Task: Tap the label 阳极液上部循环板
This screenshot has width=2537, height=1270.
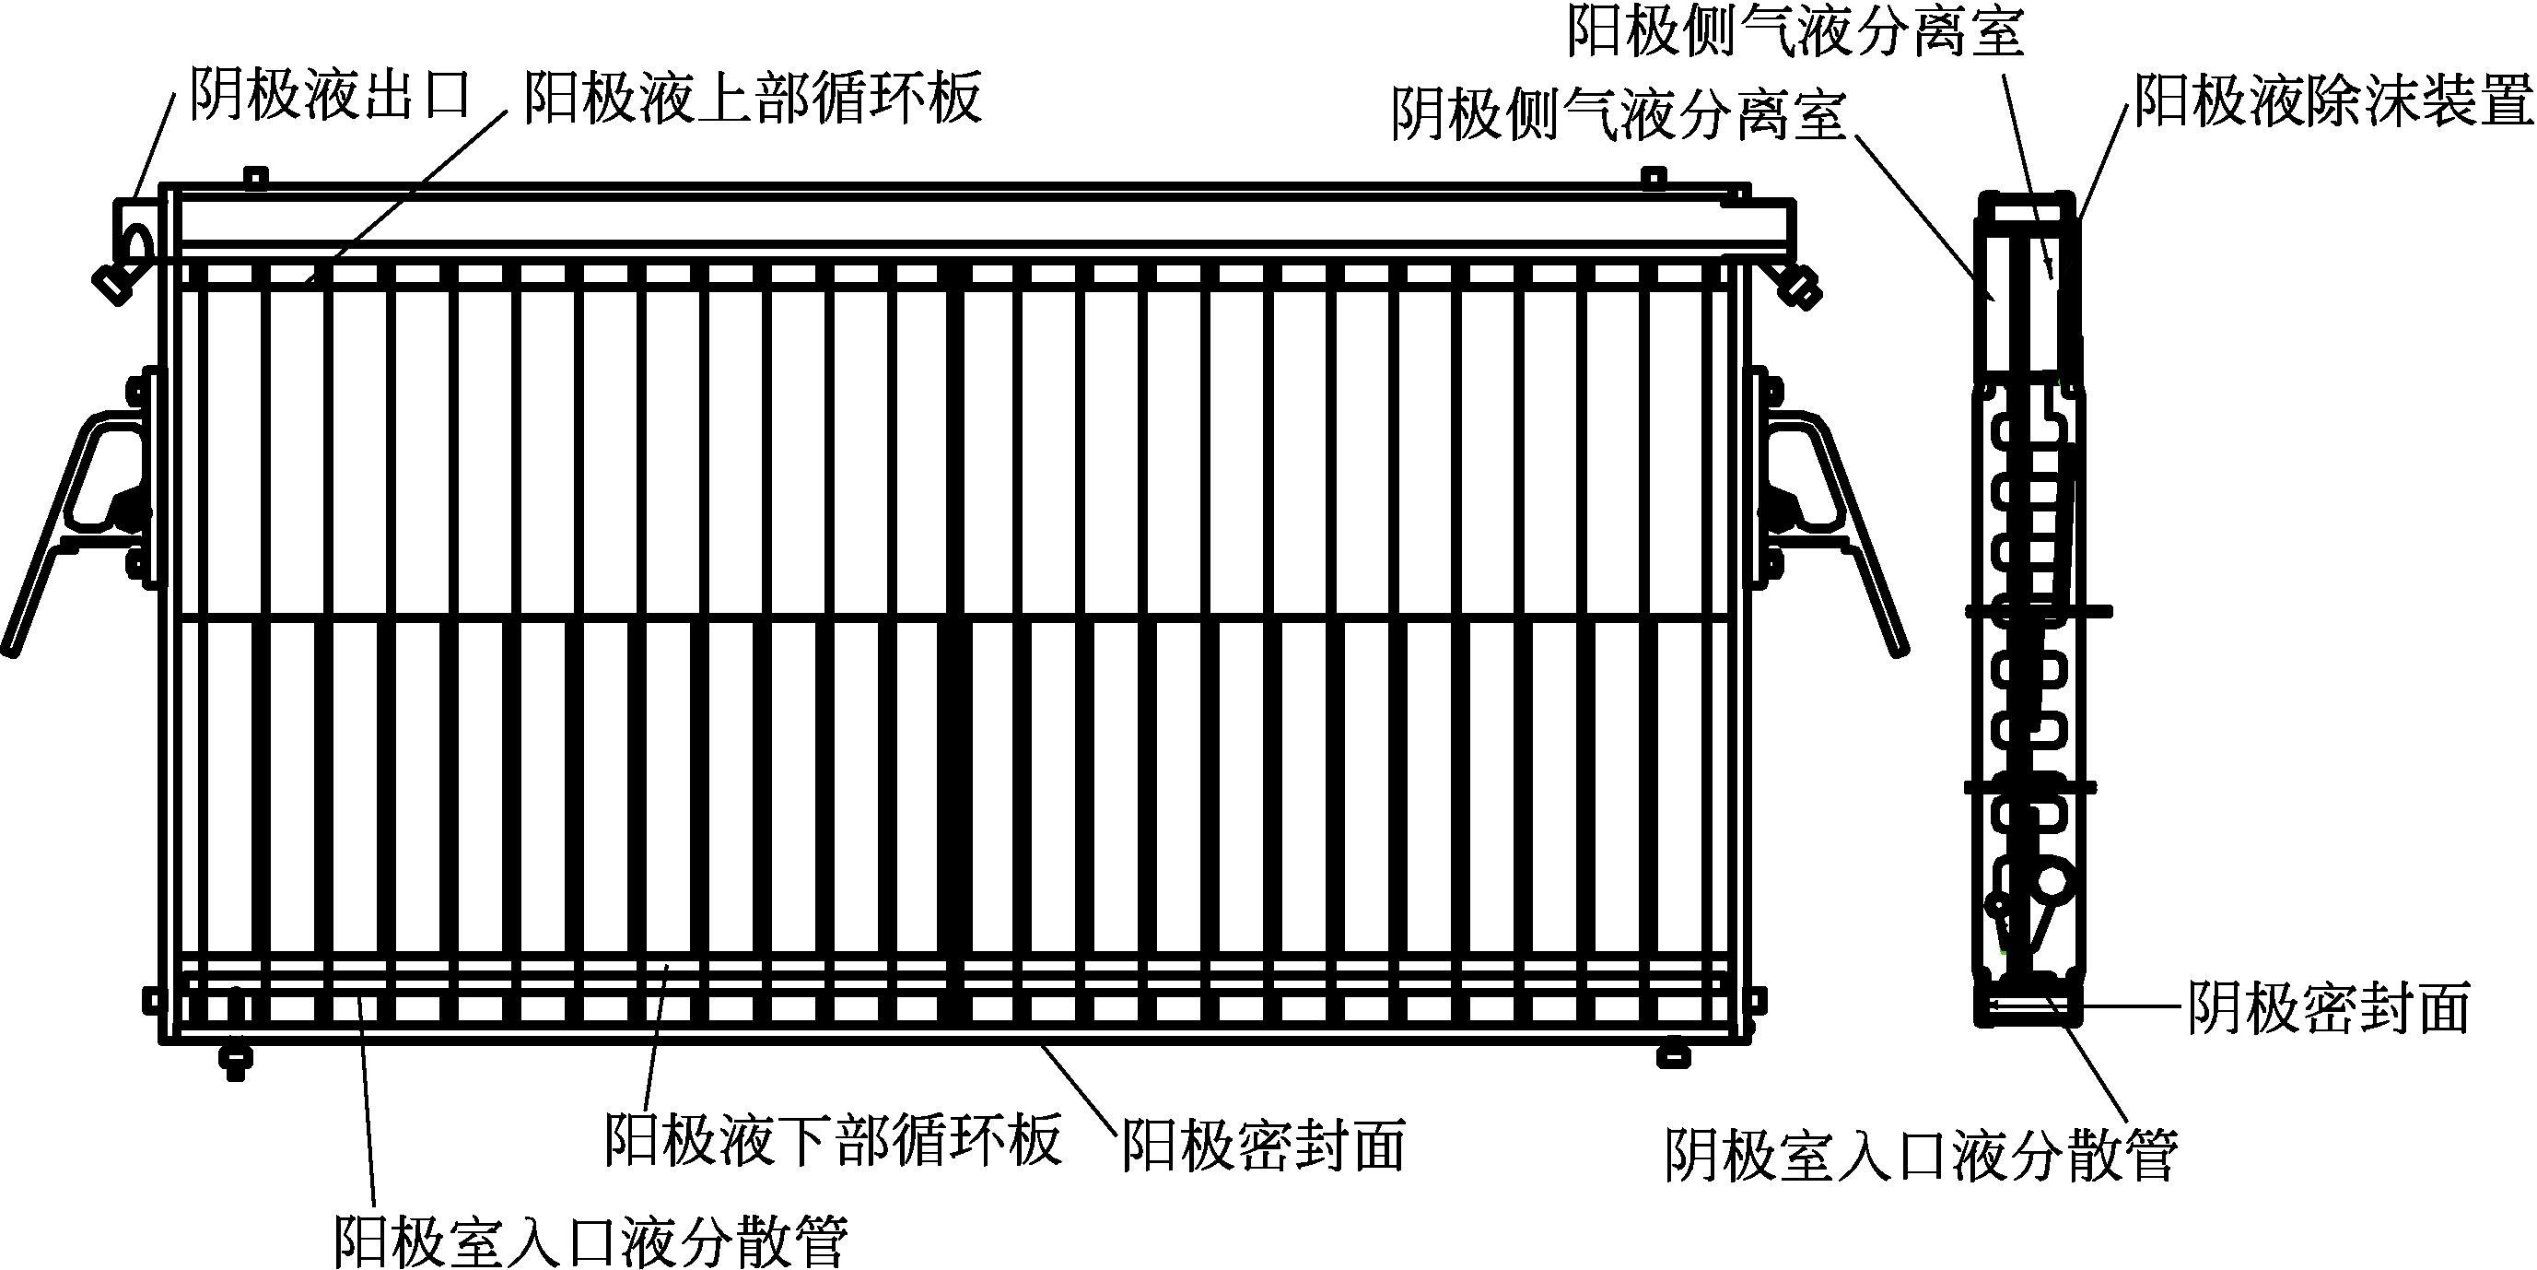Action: [x=752, y=99]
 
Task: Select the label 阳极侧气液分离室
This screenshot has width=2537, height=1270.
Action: [x=1795, y=31]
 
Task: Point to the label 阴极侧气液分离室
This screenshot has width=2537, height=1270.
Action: [x=1619, y=116]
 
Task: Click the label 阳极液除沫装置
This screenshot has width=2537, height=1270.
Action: [x=2332, y=100]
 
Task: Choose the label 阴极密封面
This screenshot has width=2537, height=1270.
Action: [x=2327, y=1008]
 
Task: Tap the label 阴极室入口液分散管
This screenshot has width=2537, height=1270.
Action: [x=1921, y=1156]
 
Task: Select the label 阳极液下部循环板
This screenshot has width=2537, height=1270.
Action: [x=833, y=1140]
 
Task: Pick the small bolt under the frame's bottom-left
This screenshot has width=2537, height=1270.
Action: [x=236, y=1060]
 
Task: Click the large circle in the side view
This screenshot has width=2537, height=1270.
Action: [x=2052, y=882]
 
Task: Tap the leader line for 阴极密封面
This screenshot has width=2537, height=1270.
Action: [x=2127, y=1007]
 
